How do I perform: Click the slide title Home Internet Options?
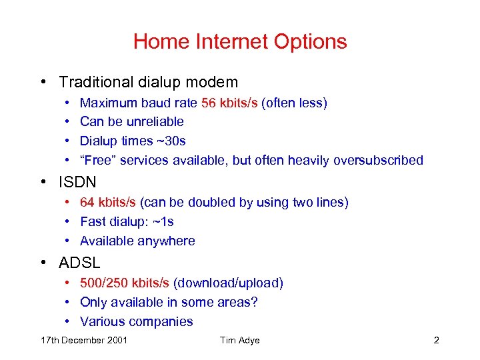pyautogui.click(x=240, y=41)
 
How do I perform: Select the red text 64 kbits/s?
pyautogui.click(x=108, y=202)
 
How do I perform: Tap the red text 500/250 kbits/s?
pyautogui.click(x=125, y=283)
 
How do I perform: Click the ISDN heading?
pyautogui.click(x=77, y=181)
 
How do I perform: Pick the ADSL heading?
pyautogui.click(x=79, y=263)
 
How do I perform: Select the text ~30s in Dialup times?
pyautogui.click(x=172, y=141)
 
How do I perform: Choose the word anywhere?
pyautogui.click(x=167, y=241)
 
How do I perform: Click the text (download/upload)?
pyautogui.click(x=228, y=283)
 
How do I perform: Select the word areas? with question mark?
pyautogui.click(x=237, y=303)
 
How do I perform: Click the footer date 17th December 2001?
pyautogui.click(x=84, y=341)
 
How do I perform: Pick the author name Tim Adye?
pyautogui.click(x=239, y=341)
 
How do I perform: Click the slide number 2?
pyautogui.click(x=436, y=341)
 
